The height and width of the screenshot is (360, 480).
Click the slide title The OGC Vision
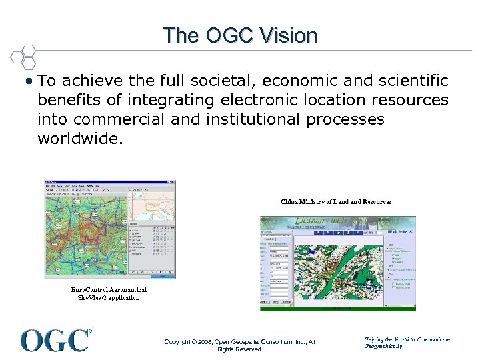240,35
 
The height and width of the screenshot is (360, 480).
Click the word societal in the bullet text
224,81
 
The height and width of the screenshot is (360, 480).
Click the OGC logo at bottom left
56,340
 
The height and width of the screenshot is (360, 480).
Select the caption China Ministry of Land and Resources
335,201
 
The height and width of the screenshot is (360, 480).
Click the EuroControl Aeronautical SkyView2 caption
109,294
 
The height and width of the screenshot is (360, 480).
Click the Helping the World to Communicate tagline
407,339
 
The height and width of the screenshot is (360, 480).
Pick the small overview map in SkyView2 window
151,203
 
